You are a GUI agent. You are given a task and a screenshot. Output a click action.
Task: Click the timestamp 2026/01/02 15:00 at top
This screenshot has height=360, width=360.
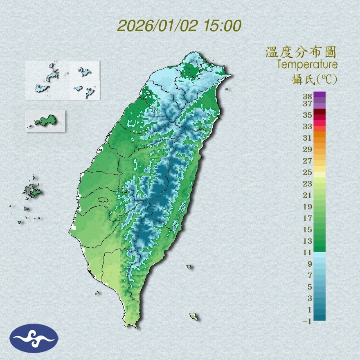click(x=179, y=26)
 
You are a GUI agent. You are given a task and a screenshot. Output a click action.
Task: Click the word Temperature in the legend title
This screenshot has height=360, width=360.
click(x=307, y=65)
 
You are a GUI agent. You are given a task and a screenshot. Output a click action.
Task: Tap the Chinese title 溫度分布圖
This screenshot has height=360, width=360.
click(x=301, y=52)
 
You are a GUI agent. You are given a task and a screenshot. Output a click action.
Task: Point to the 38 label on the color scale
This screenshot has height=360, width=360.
click(x=308, y=97)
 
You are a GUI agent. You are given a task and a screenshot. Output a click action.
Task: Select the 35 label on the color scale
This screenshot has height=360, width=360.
click(x=308, y=115)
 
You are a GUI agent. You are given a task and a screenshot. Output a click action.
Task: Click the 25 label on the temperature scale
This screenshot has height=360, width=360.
click(x=308, y=172)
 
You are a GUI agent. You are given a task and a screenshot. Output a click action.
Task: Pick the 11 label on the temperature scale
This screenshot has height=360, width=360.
click(x=308, y=252)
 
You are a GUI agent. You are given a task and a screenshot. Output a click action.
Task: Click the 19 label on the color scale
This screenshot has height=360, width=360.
click(x=308, y=207)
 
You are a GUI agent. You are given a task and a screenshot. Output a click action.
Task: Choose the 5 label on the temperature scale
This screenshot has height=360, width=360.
click(x=309, y=286)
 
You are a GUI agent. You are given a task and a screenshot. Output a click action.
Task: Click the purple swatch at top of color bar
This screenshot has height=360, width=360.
click(x=319, y=95)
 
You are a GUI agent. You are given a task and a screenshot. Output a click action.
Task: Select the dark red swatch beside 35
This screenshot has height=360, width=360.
click(x=319, y=112)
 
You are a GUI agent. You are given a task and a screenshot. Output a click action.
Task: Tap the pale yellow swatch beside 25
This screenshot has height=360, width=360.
click(x=319, y=174)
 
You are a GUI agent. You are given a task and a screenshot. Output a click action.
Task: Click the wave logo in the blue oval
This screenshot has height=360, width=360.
click(x=34, y=338)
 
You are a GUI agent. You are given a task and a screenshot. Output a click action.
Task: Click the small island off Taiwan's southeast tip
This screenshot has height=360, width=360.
click(x=193, y=316)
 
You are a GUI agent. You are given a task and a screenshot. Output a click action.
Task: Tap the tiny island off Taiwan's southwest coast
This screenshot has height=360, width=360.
click(x=97, y=292)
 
